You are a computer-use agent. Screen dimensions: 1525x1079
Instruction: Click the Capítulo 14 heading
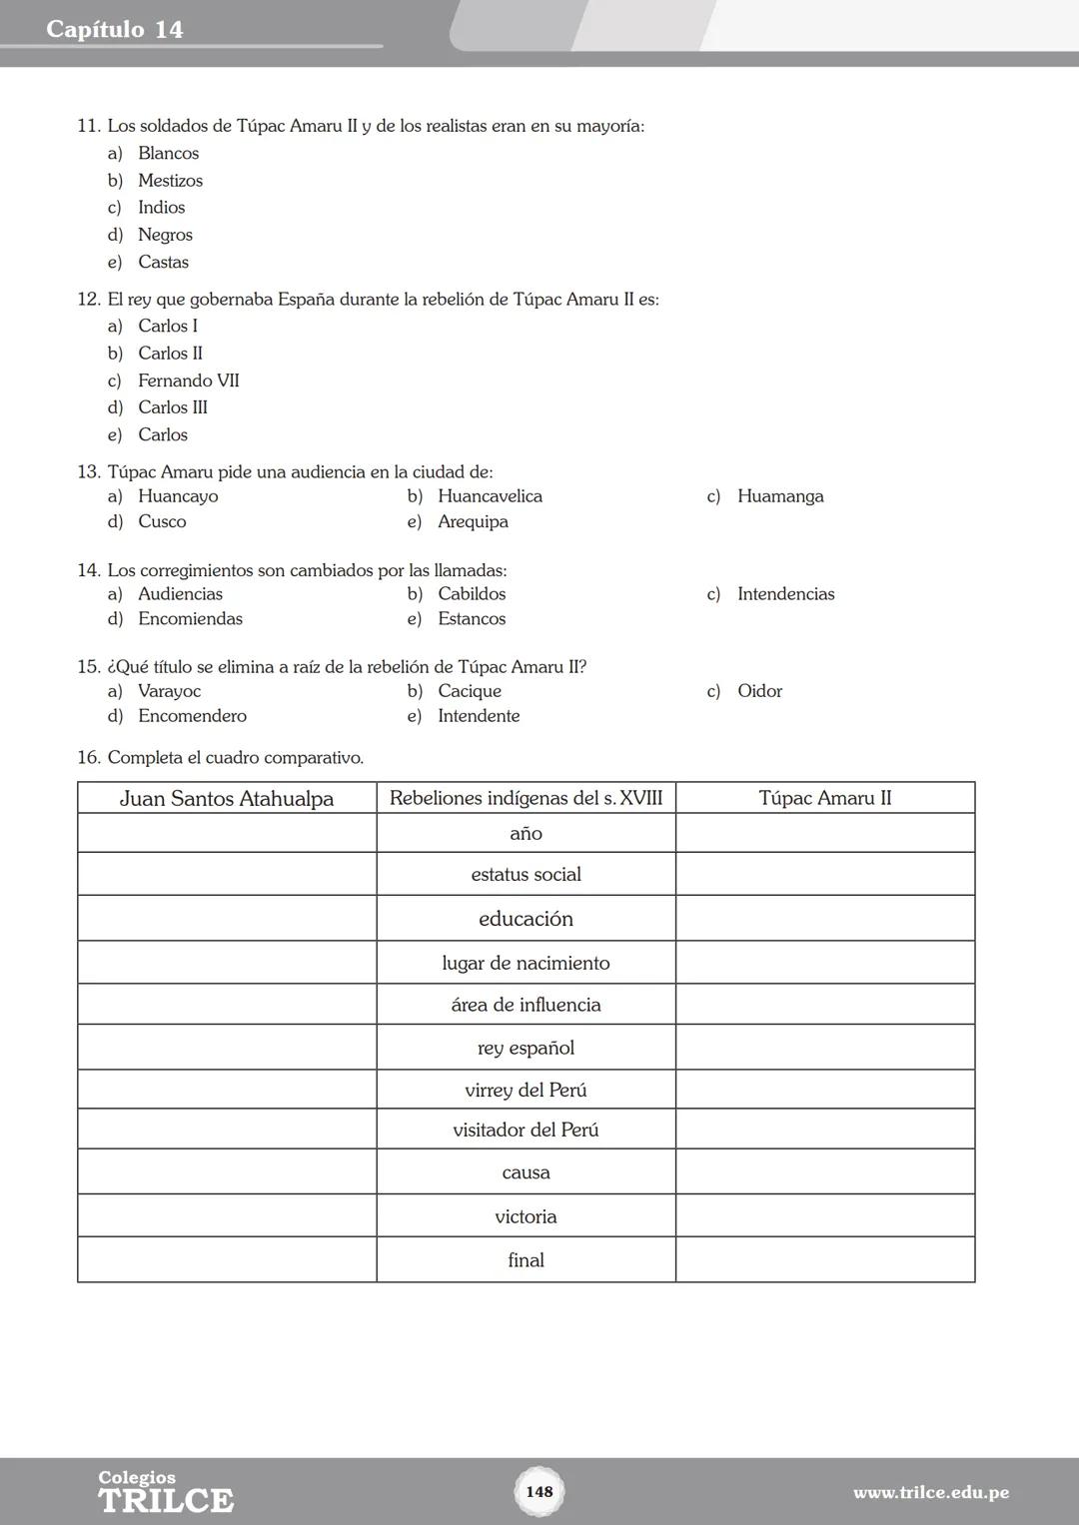(x=115, y=30)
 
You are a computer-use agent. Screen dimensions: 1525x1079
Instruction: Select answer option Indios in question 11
(x=161, y=208)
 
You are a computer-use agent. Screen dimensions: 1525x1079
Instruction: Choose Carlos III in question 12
(x=173, y=407)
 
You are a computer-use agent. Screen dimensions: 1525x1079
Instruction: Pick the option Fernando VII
(x=188, y=381)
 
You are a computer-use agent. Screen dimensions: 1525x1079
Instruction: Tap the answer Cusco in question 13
(x=162, y=521)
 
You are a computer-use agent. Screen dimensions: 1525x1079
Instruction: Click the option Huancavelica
(x=490, y=496)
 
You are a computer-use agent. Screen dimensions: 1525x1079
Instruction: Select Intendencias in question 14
(x=785, y=594)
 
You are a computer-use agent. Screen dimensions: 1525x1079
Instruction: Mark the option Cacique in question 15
(x=470, y=691)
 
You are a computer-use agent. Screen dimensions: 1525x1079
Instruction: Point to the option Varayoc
(x=169, y=691)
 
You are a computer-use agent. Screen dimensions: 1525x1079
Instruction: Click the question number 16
(x=89, y=758)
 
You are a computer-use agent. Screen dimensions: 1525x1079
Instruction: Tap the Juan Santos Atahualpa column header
(x=227, y=798)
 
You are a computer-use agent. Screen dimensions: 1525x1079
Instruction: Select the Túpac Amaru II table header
(x=825, y=798)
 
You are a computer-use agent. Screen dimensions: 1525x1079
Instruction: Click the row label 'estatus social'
(x=526, y=875)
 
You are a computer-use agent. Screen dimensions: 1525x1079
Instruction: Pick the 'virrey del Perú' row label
(x=526, y=1091)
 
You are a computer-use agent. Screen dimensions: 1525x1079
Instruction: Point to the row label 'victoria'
(x=526, y=1216)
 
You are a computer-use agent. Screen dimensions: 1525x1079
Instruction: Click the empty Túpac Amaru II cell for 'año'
(x=825, y=833)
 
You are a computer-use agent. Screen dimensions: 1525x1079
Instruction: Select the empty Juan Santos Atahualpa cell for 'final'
(x=227, y=1260)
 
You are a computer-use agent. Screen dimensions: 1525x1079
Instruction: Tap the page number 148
(x=539, y=1491)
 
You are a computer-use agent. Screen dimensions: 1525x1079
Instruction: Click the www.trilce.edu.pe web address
(x=930, y=1493)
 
